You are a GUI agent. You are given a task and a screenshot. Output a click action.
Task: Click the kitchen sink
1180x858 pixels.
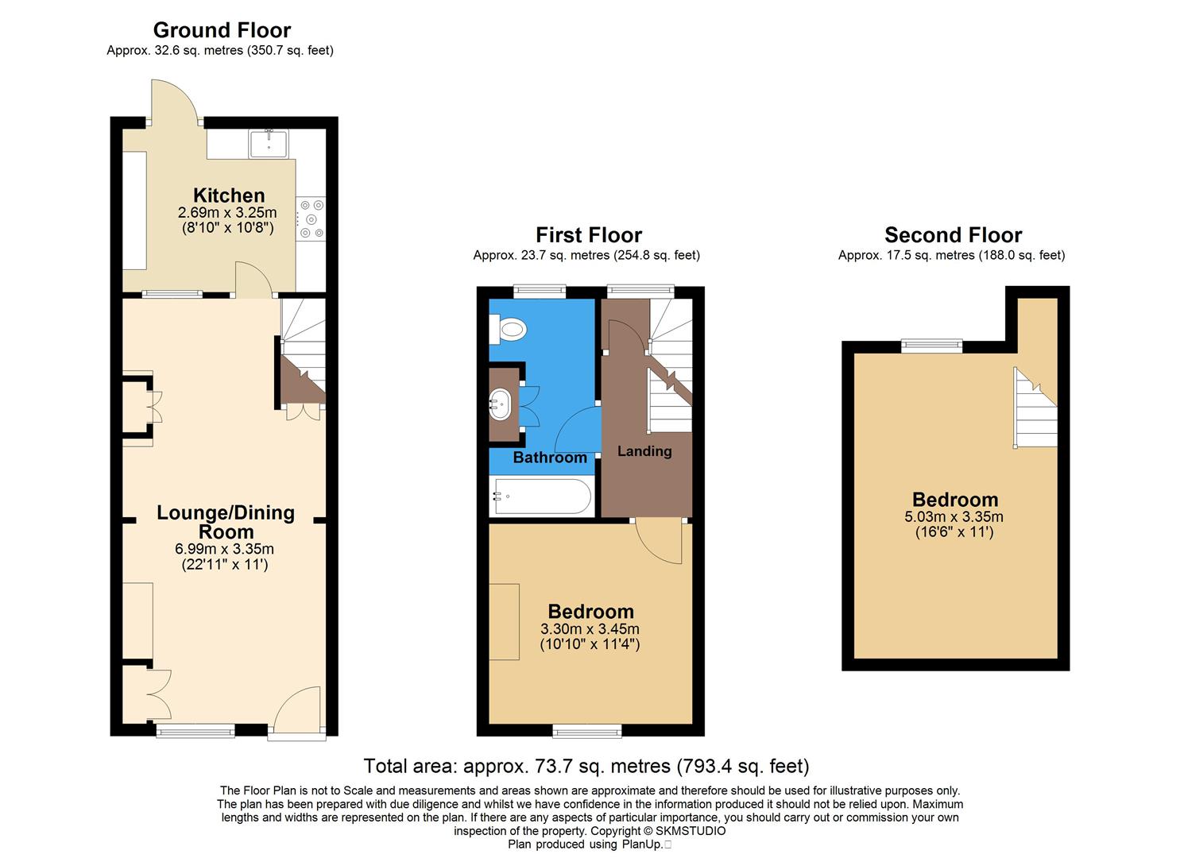pos(269,144)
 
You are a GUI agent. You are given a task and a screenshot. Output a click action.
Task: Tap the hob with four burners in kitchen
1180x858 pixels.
pos(311,218)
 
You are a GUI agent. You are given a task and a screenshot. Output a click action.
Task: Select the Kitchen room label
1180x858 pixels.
pos(229,195)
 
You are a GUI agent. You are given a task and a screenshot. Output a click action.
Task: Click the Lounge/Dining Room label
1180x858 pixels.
pos(226,522)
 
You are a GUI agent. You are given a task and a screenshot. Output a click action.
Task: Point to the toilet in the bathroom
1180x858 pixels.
pos(509,328)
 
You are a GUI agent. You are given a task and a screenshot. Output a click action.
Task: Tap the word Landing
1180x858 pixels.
pos(644,451)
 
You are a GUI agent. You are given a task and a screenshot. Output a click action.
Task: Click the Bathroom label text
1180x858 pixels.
pos(550,458)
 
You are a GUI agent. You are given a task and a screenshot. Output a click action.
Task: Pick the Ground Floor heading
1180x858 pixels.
pos(222,30)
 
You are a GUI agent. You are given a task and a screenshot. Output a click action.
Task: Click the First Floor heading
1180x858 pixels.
pos(588,235)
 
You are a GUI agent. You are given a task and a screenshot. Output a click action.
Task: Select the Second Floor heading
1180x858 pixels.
pos(953,235)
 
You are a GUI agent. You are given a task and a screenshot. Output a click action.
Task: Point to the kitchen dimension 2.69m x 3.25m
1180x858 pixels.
pos(227,213)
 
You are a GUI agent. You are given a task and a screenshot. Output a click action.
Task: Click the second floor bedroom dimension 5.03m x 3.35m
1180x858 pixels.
pos(954,517)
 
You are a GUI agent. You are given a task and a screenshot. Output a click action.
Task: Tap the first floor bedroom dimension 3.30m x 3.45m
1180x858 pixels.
pos(590,629)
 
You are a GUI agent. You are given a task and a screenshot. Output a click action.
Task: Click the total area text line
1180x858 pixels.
pos(586,766)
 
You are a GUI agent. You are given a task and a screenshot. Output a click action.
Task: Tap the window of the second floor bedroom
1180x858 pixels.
pos(931,345)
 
